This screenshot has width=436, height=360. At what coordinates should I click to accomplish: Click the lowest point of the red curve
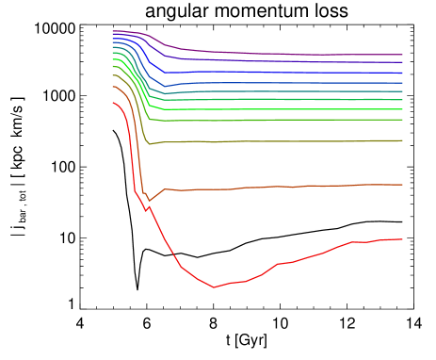click(214, 286)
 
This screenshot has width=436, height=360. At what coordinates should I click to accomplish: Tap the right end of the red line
click(402, 239)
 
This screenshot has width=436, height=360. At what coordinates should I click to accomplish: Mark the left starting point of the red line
click(113, 103)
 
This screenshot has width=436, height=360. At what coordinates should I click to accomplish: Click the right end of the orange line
click(402, 185)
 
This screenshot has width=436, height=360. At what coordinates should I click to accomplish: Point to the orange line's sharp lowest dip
click(148, 200)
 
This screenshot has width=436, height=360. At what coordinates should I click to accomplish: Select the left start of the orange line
click(113, 87)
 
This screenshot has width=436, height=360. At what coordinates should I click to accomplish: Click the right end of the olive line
click(402, 140)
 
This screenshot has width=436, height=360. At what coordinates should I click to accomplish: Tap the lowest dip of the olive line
click(149, 144)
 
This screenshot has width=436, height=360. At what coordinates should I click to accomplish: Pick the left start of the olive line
click(113, 75)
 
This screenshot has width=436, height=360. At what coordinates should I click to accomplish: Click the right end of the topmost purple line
click(402, 55)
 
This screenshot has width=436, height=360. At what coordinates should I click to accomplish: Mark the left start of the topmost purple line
click(113, 31)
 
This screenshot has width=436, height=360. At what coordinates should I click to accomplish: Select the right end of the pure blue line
click(402, 73)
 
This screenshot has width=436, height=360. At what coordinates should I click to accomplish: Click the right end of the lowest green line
click(402, 120)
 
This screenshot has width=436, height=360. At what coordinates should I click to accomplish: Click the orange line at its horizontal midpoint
click(257, 188)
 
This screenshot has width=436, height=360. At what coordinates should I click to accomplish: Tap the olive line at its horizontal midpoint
click(257, 141)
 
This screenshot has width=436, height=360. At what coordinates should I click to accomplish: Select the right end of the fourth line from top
click(402, 83)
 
